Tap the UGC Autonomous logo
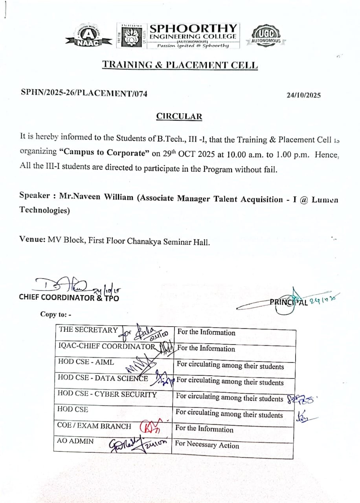click(266, 36)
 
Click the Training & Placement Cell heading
click(180, 65)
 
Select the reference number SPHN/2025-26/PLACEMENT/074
click(84, 93)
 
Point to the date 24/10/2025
click(303, 95)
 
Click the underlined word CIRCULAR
click(179, 116)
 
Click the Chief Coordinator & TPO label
click(69, 297)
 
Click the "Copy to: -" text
click(55, 314)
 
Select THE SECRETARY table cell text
click(88, 330)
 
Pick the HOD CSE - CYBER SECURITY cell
click(107, 394)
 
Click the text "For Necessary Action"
click(207, 445)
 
